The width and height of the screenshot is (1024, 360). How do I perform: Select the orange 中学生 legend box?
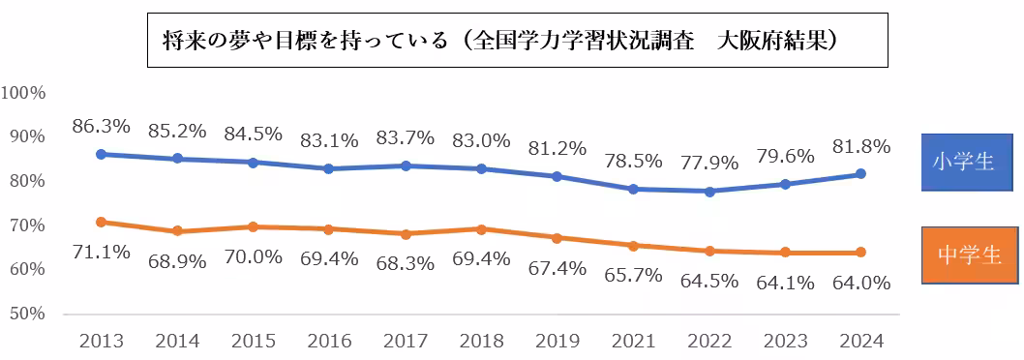click(968, 255)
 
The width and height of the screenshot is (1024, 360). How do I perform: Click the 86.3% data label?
click(102, 126)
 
